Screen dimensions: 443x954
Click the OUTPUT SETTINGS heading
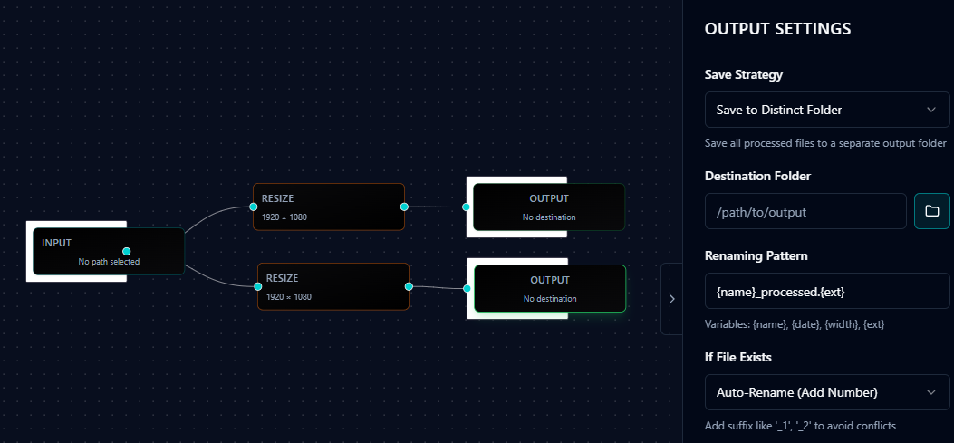777,29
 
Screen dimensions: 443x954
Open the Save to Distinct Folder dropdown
827,110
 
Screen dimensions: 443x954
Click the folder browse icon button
931,211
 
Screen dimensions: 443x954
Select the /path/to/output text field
805,212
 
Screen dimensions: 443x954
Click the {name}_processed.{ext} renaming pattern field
827,292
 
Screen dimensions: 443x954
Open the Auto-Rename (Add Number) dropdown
827,392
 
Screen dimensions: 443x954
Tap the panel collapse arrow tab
671,299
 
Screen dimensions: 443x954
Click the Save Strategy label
743,74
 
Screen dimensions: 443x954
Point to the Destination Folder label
757,176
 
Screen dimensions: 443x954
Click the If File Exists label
737,357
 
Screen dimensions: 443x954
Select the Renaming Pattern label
756,255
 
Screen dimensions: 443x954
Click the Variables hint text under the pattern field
795,324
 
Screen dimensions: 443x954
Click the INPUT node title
56,243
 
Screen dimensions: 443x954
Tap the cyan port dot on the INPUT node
127,251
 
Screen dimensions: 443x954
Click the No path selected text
109,262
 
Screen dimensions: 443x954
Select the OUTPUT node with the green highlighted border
549,288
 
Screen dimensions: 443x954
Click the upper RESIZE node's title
277,198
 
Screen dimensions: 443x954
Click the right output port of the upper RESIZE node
404,207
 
